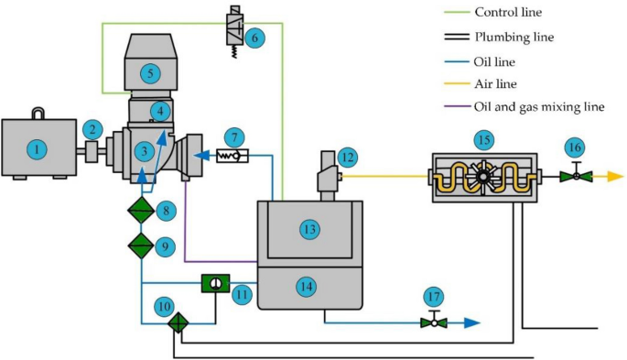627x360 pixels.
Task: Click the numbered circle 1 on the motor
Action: [36, 148]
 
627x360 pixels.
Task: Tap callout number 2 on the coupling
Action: [92, 129]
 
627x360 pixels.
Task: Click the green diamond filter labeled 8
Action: [141, 212]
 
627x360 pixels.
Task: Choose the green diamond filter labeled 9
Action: [141, 245]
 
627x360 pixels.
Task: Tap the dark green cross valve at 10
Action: [178, 322]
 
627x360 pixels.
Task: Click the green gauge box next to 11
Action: [212, 284]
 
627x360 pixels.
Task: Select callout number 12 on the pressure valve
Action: [346, 157]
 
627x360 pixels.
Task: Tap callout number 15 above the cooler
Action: [483, 139]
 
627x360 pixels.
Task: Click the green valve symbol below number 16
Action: [576, 175]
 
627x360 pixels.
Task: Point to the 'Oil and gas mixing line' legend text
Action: [539, 106]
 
